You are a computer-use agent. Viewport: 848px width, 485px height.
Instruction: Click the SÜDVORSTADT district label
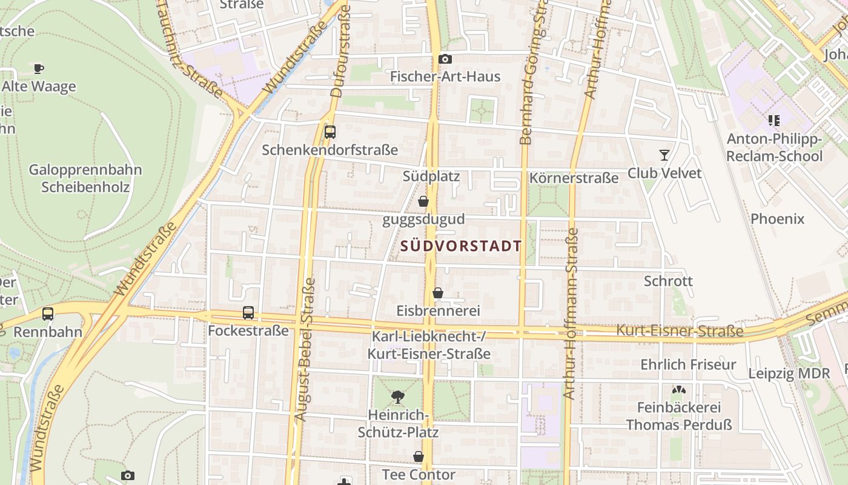pyautogui.click(x=461, y=246)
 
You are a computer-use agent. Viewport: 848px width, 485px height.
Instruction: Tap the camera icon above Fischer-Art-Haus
pyautogui.click(x=445, y=59)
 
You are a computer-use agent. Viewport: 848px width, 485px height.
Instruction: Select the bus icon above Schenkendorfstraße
pyautogui.click(x=330, y=132)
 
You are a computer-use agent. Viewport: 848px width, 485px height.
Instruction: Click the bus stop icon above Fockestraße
pyautogui.click(x=248, y=313)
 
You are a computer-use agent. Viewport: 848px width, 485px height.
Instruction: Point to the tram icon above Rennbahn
pyautogui.click(x=48, y=314)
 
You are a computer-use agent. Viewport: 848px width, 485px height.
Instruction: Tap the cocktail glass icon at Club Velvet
pyautogui.click(x=664, y=155)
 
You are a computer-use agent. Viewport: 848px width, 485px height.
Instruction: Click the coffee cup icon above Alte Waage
pyautogui.click(x=39, y=69)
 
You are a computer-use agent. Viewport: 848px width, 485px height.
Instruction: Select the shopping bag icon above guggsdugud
pyautogui.click(x=423, y=201)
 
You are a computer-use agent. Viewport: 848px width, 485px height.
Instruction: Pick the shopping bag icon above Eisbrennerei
pyautogui.click(x=438, y=293)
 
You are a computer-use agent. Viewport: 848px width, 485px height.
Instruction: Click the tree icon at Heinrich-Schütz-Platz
pyautogui.click(x=398, y=397)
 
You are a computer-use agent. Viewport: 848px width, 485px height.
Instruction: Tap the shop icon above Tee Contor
pyautogui.click(x=419, y=457)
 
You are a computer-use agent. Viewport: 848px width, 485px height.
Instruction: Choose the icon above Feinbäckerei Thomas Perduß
pyautogui.click(x=679, y=390)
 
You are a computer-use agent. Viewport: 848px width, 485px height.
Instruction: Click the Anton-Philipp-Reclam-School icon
pyautogui.click(x=773, y=121)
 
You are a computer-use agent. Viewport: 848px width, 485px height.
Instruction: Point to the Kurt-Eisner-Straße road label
pyautogui.click(x=680, y=331)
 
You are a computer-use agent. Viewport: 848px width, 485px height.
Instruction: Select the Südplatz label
pyautogui.click(x=431, y=176)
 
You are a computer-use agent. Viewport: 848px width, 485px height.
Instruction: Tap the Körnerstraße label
pyautogui.click(x=574, y=178)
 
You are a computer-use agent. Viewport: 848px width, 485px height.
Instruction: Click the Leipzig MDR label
pyautogui.click(x=789, y=373)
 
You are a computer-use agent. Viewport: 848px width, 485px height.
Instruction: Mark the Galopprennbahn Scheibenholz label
pyautogui.click(x=85, y=178)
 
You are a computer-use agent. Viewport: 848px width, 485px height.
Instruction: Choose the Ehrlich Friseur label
pyautogui.click(x=688, y=364)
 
